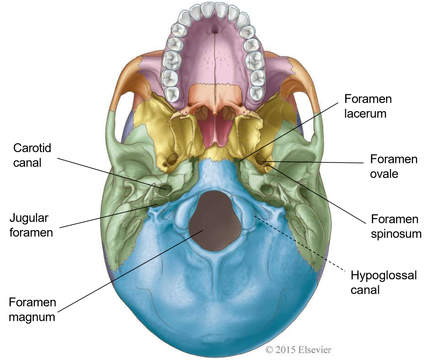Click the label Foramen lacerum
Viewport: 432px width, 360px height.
[368, 106]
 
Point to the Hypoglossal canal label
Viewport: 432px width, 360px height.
[383, 282]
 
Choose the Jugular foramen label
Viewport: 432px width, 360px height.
[31, 225]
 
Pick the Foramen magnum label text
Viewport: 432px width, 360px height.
[32, 310]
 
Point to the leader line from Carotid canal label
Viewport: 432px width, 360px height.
[112, 173]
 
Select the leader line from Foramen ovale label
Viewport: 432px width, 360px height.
[317, 162]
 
